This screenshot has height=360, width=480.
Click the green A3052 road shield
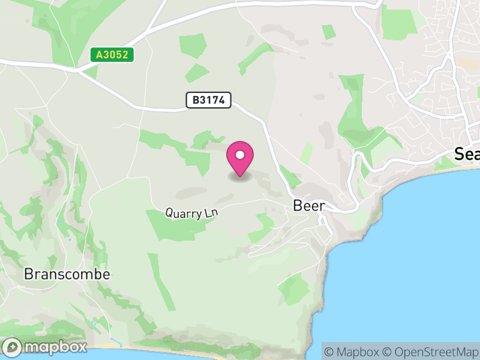[x=112, y=55]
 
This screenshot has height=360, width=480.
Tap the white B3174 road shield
[x=209, y=100]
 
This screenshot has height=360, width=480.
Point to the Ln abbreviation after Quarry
[x=210, y=213]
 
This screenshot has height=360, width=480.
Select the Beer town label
[x=309, y=206]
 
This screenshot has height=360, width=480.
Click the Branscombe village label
[x=67, y=274]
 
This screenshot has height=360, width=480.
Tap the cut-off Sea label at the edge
[x=467, y=154]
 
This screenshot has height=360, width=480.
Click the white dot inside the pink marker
[x=240, y=155]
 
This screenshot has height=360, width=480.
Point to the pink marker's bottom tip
[x=240, y=176]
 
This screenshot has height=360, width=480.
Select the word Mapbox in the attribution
[x=358, y=352]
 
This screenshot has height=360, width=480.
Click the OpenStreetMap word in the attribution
[x=434, y=352]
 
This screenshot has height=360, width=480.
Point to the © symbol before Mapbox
[x=330, y=352]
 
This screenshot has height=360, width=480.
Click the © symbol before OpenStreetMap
[x=388, y=352]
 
